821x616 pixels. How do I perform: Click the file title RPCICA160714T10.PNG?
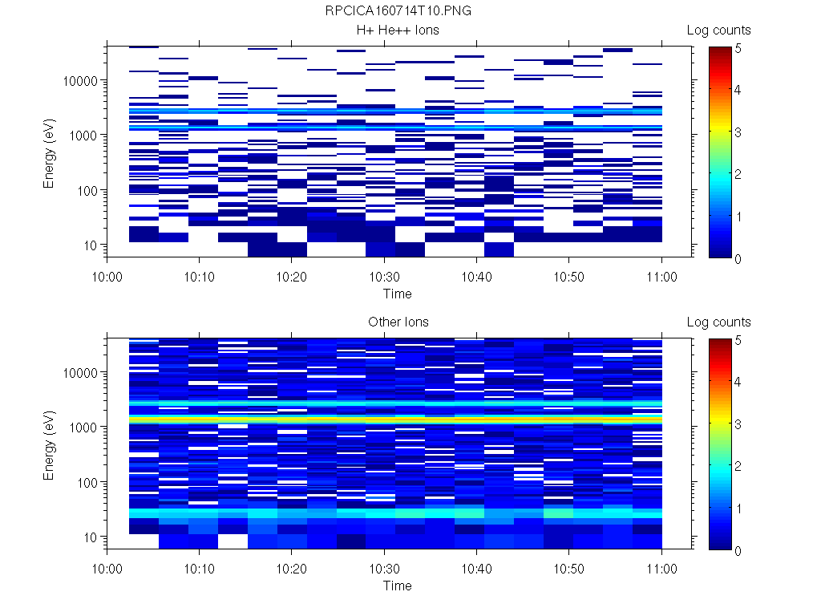[398, 11]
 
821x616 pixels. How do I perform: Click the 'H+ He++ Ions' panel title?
[398, 30]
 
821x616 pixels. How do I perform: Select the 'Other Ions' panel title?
[398, 322]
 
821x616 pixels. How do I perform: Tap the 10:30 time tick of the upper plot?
[385, 276]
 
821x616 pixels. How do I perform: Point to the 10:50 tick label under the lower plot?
[568, 568]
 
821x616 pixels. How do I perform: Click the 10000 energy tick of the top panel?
[82, 81]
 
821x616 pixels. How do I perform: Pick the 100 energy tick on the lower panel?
[88, 482]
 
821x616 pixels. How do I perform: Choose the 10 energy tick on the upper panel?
[91, 245]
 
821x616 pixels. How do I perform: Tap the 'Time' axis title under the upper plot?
[397, 294]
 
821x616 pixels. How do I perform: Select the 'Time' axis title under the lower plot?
[397, 586]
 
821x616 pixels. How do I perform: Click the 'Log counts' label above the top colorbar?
[718, 30]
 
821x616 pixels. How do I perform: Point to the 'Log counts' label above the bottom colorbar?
[718, 322]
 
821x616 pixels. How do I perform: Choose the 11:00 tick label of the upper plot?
[661, 276]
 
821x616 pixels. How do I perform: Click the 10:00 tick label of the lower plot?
[107, 568]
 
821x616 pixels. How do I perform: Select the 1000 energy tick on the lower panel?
[85, 428]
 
